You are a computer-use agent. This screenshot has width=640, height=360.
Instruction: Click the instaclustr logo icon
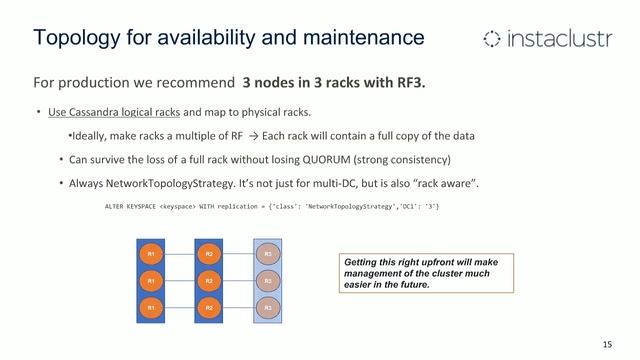[x=492, y=39]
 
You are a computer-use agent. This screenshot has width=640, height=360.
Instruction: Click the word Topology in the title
[x=76, y=38]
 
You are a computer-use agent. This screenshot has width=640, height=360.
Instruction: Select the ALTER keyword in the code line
[x=117, y=206]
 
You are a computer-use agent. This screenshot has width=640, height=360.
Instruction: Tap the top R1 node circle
[x=151, y=255]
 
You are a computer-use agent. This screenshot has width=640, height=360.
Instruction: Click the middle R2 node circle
[x=209, y=281]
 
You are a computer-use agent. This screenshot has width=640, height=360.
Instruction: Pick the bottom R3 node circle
[x=268, y=307]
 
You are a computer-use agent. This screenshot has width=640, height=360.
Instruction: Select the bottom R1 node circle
[x=151, y=307]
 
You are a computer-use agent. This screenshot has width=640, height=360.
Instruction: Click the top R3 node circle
[x=268, y=255]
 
